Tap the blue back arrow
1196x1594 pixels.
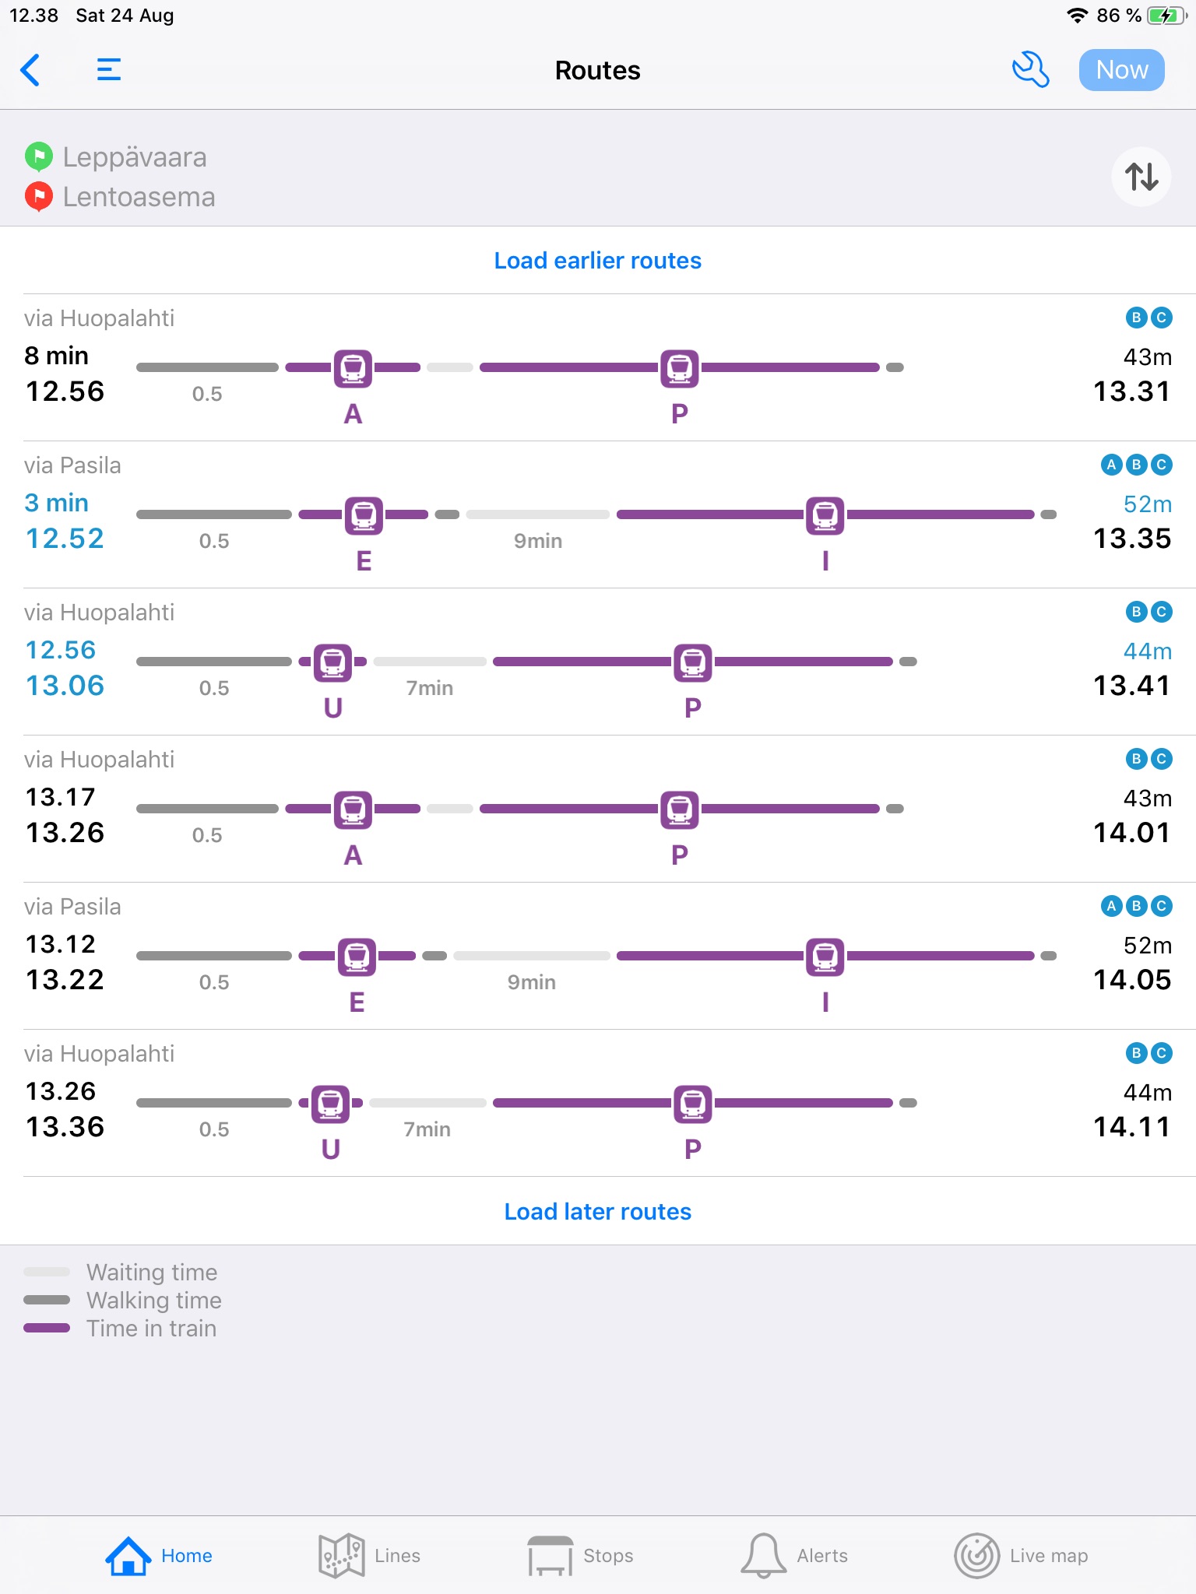point(30,70)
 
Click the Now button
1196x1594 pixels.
point(1121,70)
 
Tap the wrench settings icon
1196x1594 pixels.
point(1030,70)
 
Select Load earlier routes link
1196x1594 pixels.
point(597,261)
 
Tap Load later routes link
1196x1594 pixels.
point(597,1212)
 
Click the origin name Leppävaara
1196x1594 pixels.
point(135,157)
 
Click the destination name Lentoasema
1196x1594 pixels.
point(139,197)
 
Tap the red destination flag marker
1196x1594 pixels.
point(38,196)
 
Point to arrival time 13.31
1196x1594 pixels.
point(1131,391)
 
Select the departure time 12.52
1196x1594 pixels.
point(65,539)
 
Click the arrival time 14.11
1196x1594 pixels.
point(1131,1127)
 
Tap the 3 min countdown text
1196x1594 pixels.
point(56,503)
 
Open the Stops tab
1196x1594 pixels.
point(581,1556)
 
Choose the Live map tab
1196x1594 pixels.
point(1021,1556)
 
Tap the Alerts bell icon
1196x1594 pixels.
point(763,1555)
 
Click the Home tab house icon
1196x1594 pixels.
point(128,1556)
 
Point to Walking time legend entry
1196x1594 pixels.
point(153,1301)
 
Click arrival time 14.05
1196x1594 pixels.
point(1131,980)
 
